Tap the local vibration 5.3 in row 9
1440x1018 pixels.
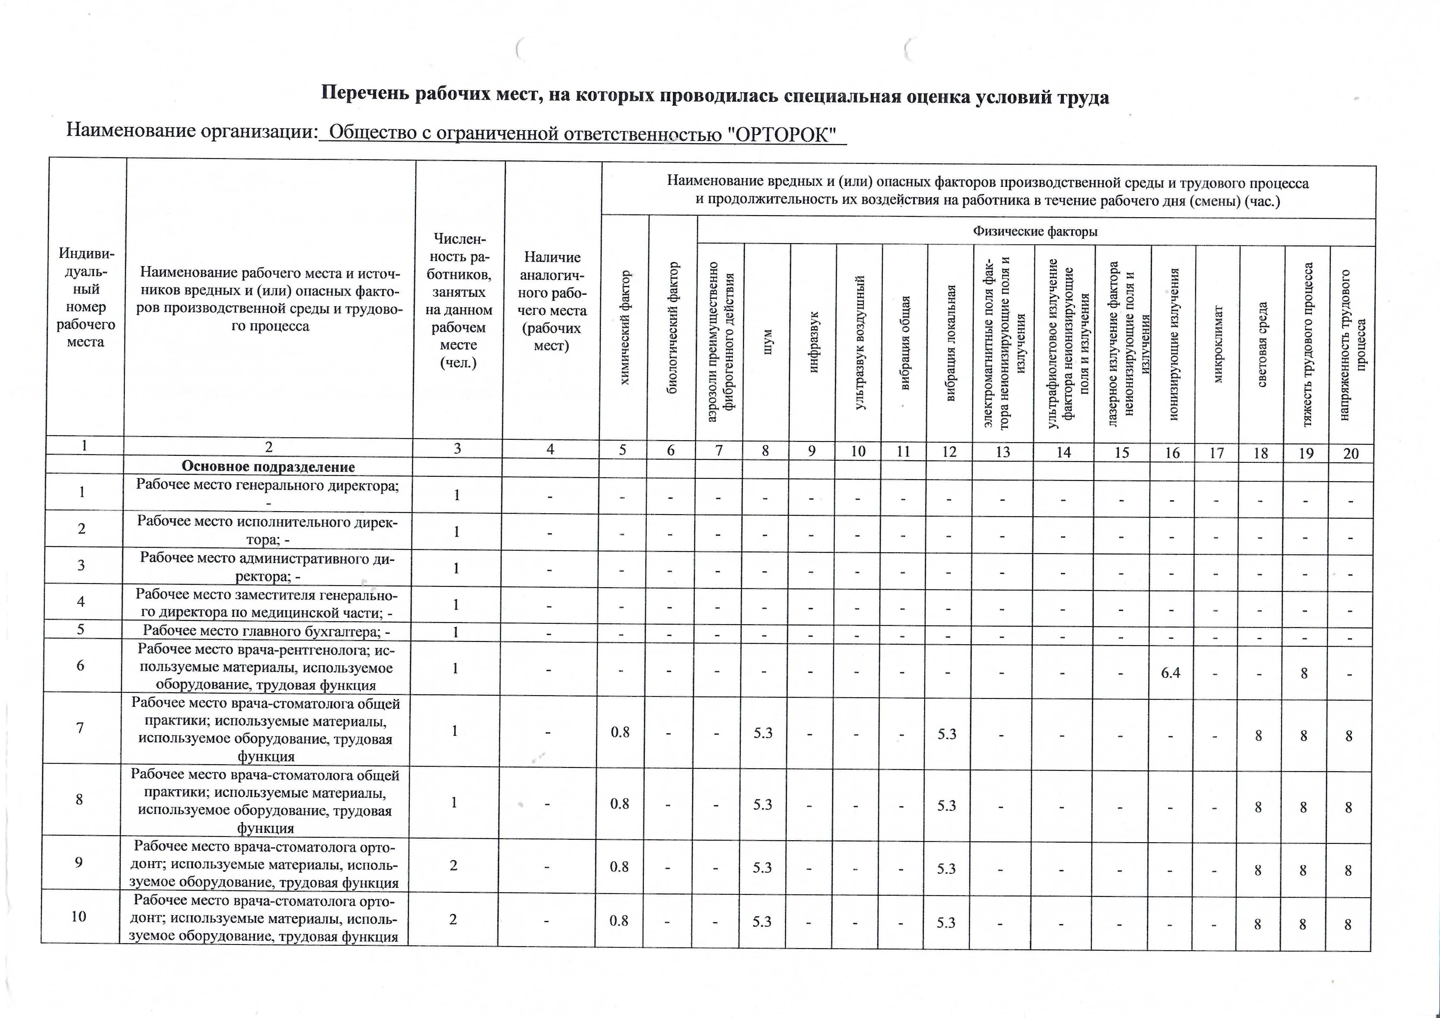[946, 869]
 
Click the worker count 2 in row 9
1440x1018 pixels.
[453, 866]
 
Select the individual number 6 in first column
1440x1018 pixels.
[80, 665]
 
